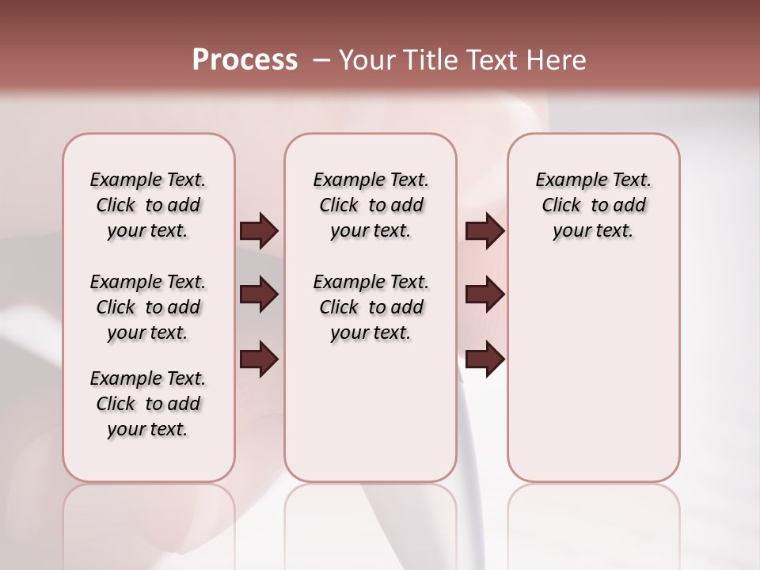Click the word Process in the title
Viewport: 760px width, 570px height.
[x=245, y=60]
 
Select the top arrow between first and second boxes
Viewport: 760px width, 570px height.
[x=259, y=231]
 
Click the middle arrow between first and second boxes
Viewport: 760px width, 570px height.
[x=259, y=295]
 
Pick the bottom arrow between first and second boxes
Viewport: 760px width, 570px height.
[x=259, y=359]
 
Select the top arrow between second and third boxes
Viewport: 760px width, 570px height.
[x=484, y=231]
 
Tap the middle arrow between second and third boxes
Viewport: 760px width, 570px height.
[x=484, y=295]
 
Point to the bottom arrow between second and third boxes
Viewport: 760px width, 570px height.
[x=484, y=359]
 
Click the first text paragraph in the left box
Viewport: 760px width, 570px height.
[x=148, y=205]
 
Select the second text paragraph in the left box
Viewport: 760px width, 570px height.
[x=148, y=307]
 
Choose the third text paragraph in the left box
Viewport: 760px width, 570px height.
[x=148, y=404]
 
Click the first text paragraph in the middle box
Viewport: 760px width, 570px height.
[x=370, y=205]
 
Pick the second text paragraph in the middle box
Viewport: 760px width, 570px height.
[x=370, y=307]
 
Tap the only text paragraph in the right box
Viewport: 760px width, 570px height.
[x=594, y=205]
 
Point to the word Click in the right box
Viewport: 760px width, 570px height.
[x=561, y=206]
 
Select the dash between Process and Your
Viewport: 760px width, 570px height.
[x=321, y=60]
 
